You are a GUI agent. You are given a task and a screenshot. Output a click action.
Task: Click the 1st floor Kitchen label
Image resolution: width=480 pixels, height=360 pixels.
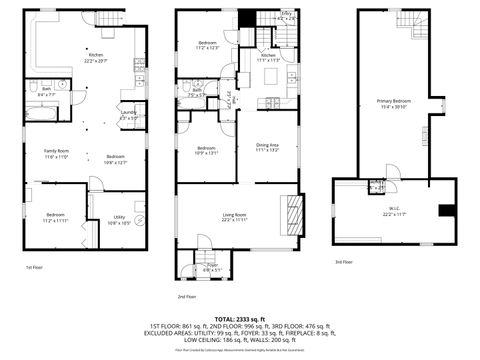point(96,58)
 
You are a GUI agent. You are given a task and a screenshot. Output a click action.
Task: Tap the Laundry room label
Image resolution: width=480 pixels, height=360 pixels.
point(129,115)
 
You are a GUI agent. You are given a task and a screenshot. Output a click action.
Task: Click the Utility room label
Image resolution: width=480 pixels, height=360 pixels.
point(119,220)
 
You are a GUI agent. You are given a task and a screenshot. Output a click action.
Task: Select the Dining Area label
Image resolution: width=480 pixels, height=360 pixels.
point(268,147)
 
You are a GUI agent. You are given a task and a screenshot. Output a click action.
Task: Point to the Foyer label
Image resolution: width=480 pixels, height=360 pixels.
point(213,268)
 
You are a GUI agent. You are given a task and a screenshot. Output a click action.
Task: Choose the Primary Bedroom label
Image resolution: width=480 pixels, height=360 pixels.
point(393,104)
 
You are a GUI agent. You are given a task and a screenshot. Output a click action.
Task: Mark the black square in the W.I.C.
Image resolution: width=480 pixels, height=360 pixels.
point(446,210)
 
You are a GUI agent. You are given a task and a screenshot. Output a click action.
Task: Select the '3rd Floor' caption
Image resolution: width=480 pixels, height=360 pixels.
point(344,262)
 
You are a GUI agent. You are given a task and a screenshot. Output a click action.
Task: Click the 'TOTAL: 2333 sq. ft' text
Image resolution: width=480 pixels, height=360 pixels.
point(240,317)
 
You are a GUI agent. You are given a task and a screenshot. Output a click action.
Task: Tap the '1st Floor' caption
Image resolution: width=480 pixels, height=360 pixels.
point(36,267)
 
